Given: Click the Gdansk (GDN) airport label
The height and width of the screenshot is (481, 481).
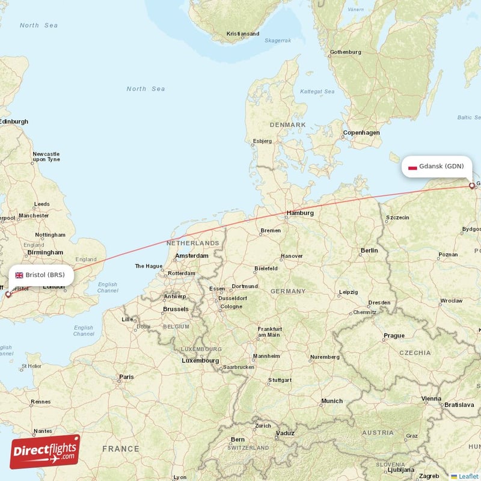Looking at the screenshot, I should (x=441, y=167).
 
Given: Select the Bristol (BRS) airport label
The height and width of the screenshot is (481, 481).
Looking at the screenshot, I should (x=44, y=275).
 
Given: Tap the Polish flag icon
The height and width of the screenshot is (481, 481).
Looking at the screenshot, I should (x=412, y=167).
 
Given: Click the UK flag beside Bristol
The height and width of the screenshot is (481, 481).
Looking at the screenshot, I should (x=19, y=275).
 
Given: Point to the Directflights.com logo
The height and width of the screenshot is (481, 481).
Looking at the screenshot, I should (x=45, y=452).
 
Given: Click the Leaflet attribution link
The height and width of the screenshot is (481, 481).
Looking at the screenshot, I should (x=467, y=476).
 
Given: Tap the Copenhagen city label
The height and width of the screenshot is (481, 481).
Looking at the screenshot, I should (x=361, y=132).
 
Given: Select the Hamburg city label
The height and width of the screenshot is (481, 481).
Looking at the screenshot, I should (x=300, y=213).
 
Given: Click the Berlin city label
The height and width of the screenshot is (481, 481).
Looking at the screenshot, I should (x=369, y=250).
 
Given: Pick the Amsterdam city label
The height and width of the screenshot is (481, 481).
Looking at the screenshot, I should (x=191, y=256).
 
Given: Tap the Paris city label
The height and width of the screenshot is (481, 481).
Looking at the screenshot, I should (x=126, y=377).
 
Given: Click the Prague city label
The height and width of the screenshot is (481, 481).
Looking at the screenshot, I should (x=394, y=335).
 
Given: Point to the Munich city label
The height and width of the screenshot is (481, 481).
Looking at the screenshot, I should (x=332, y=401).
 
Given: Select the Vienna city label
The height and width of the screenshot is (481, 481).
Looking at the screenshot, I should (x=431, y=399).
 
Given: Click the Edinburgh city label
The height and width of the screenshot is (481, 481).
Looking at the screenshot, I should (x=13, y=121).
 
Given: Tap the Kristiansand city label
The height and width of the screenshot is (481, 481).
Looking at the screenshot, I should (x=243, y=34).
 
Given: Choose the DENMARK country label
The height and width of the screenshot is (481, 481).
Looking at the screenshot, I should (x=287, y=124).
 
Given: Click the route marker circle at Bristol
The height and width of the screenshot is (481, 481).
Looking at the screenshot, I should (x=8, y=295).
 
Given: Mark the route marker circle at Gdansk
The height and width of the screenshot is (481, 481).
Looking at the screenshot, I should (x=472, y=186).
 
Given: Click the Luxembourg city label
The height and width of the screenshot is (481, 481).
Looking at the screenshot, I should (x=200, y=361).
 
